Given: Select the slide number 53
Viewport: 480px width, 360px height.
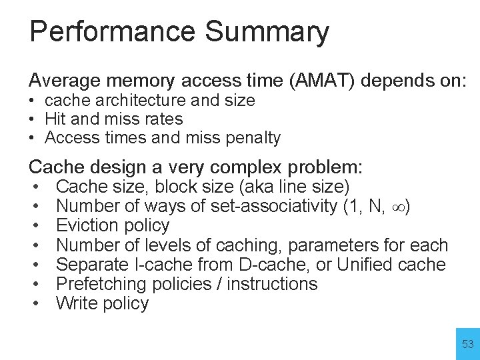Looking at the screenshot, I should pyautogui.click(x=467, y=345).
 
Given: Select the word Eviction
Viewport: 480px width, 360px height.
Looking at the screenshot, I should pyautogui.click(x=89, y=225).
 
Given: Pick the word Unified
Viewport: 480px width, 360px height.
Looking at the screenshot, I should pyautogui.click(x=365, y=265).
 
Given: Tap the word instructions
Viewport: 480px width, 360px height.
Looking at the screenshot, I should pyautogui.click(x=272, y=284).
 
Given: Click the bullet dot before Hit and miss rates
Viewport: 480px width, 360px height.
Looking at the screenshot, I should pyautogui.click(x=32, y=119).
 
